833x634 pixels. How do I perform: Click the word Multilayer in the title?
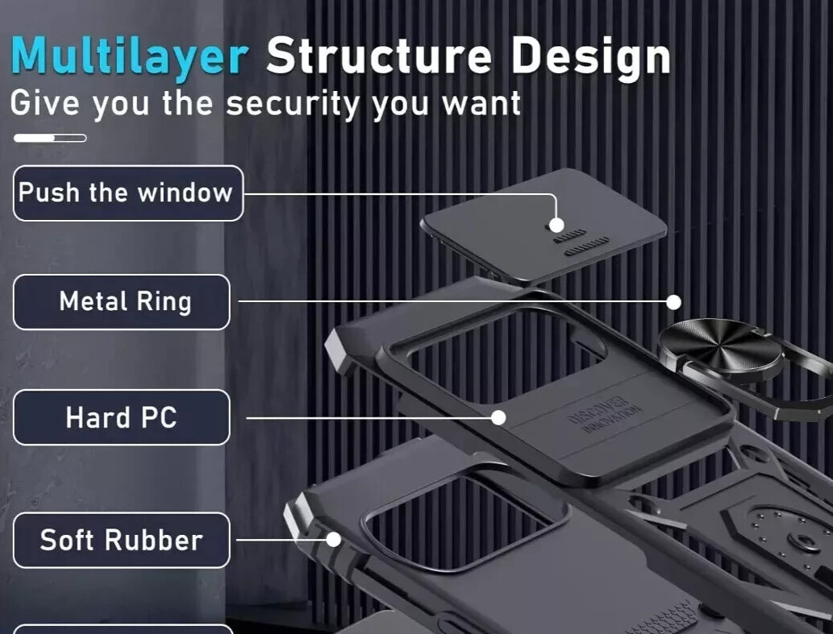pyautogui.click(x=129, y=56)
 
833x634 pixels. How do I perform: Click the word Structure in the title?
pyautogui.click(x=379, y=56)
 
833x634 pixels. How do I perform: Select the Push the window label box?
pyautogui.click(x=127, y=193)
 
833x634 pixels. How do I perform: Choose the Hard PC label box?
pyautogui.click(x=121, y=417)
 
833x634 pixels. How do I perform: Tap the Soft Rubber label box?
pyautogui.click(x=121, y=540)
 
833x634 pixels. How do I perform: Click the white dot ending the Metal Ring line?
pyautogui.click(x=674, y=302)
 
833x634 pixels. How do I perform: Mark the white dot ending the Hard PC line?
pyautogui.click(x=498, y=417)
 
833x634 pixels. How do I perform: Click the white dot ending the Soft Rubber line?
pyautogui.click(x=333, y=540)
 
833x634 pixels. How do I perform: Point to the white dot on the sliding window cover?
pyautogui.click(x=556, y=226)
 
